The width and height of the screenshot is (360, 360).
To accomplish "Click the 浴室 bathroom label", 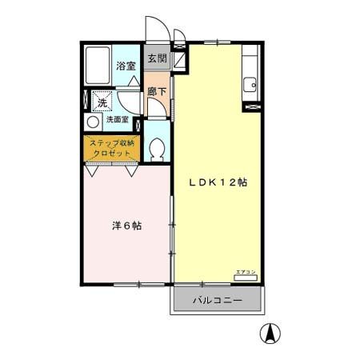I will [126, 66].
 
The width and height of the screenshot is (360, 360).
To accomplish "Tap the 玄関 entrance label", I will [158, 58].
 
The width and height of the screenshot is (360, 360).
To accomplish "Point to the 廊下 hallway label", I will [158, 92].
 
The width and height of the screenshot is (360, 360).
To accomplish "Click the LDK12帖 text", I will [218, 182].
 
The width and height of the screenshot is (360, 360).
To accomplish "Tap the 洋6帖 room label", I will [126, 226].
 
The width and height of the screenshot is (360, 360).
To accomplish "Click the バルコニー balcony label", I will [218, 301].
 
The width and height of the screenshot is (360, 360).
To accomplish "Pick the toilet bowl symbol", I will [157, 149].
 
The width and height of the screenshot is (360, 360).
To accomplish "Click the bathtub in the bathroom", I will [98, 66].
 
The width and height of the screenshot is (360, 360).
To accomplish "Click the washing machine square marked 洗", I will [102, 102].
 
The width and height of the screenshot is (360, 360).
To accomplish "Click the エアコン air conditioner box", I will [246, 274].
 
